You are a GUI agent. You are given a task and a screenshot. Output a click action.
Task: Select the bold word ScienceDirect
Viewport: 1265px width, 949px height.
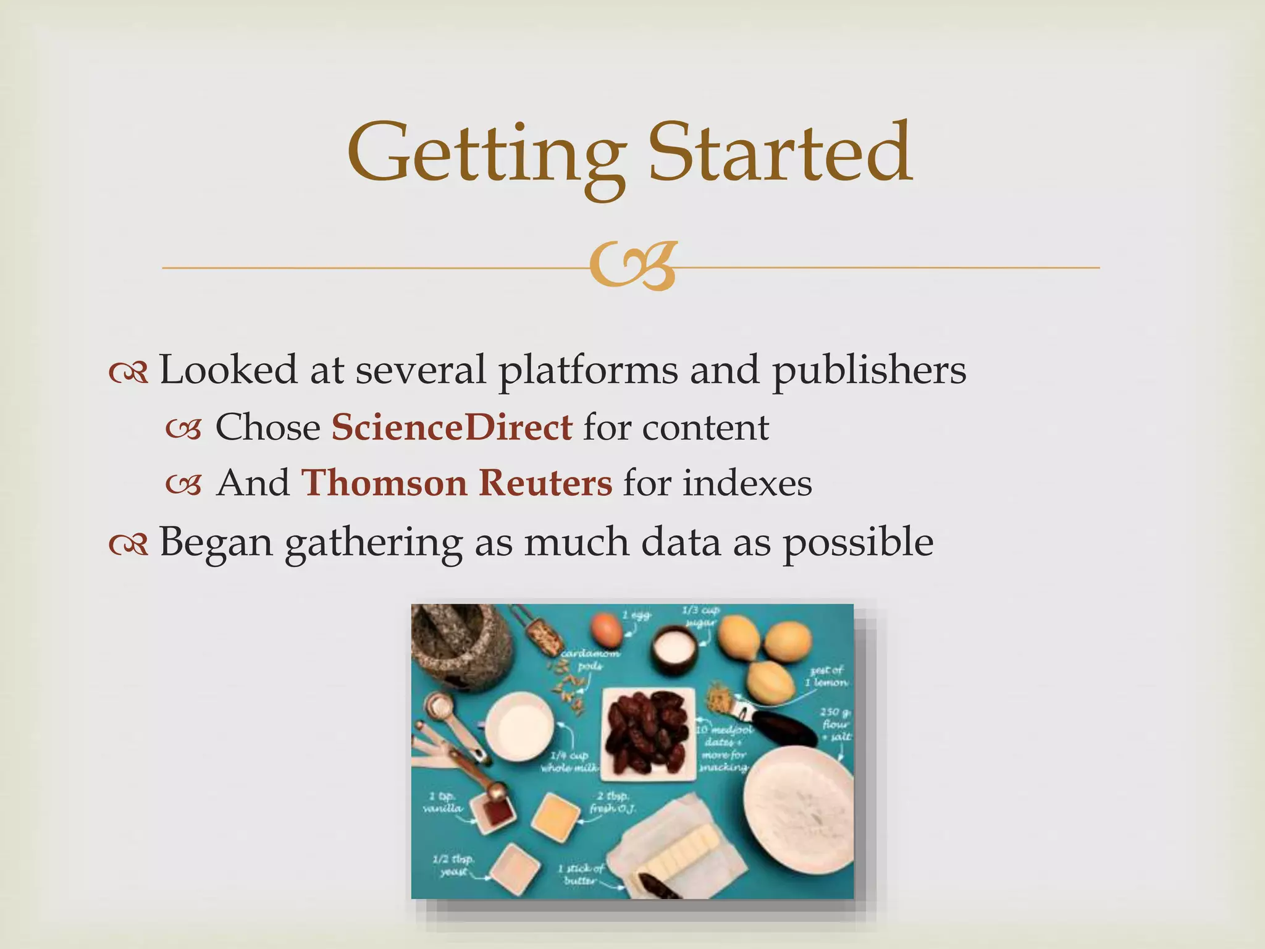[452, 427]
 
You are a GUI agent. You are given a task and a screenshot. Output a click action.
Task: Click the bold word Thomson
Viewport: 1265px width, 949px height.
[384, 483]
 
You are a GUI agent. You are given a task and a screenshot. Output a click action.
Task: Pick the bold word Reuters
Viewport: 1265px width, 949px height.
[545, 483]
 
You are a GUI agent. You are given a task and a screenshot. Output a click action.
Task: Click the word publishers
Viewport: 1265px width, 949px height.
[869, 371]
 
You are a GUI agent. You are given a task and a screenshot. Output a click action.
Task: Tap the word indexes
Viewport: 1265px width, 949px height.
[747, 483]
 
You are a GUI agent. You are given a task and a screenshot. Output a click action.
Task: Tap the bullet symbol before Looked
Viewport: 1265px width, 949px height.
[128, 372]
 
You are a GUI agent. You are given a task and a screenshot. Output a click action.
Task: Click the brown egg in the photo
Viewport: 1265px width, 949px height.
[607, 628]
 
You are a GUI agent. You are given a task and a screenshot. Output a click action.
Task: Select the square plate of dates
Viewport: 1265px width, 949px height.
[648, 733]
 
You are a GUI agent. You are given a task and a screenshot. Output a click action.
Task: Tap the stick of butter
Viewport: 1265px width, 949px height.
[686, 851]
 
